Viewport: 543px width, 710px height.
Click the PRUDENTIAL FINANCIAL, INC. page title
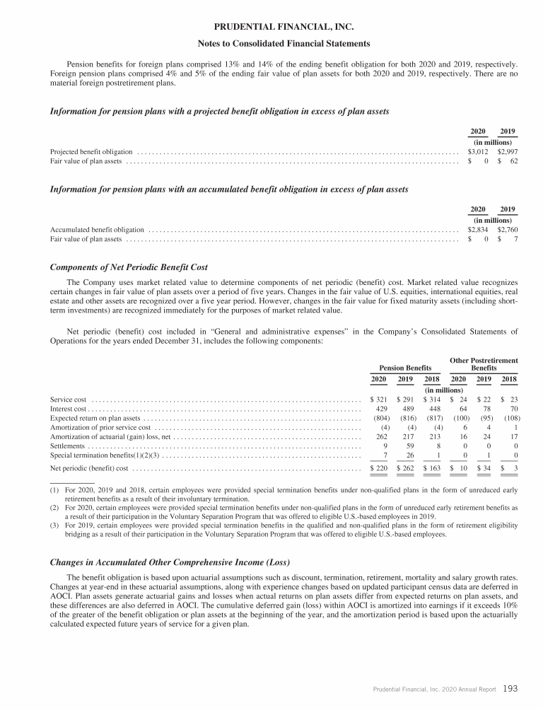271,28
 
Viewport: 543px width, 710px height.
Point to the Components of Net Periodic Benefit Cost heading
128,267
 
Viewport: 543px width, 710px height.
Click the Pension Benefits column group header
405,368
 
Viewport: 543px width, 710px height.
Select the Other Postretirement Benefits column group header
484,364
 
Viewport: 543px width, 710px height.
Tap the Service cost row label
68,400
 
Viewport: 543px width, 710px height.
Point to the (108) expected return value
510,418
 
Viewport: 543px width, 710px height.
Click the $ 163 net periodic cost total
433,468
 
